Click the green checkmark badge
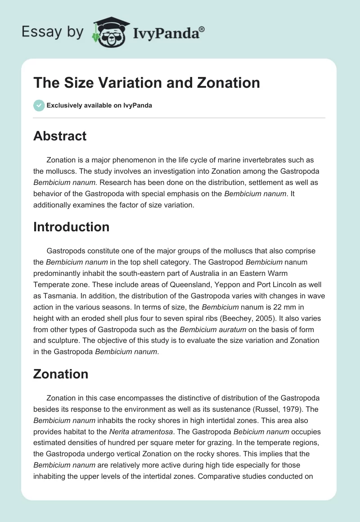click(x=39, y=105)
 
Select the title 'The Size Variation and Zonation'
click(x=147, y=83)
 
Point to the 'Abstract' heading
click(x=60, y=136)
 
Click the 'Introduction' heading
click(x=71, y=227)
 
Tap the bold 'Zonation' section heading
click(x=61, y=373)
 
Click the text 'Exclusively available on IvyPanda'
click(x=99, y=106)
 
